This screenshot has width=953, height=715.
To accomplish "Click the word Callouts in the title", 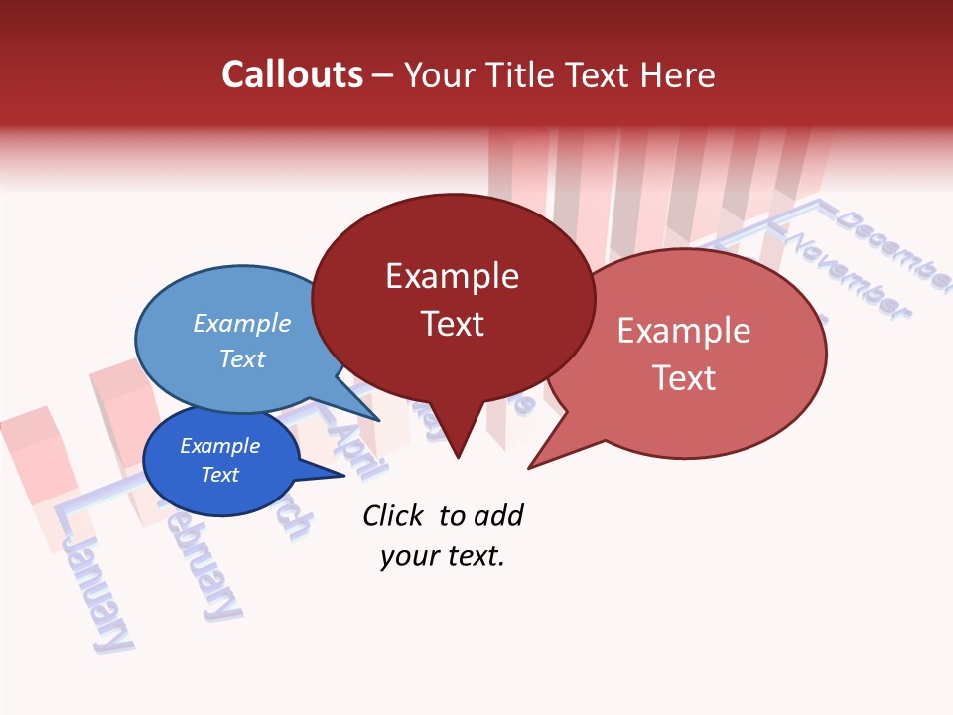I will click(x=292, y=74).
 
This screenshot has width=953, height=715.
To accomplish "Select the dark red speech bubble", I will click(x=453, y=348).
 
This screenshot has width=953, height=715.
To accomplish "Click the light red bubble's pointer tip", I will click(x=530, y=467).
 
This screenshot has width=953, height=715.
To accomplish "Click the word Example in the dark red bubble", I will click(x=452, y=276).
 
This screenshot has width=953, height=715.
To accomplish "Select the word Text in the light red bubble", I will click(x=684, y=378).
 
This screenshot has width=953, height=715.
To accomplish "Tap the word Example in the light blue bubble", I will click(x=242, y=324).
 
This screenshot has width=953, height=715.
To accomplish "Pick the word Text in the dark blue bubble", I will click(x=220, y=475).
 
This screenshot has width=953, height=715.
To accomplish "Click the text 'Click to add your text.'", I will click(x=442, y=536).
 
